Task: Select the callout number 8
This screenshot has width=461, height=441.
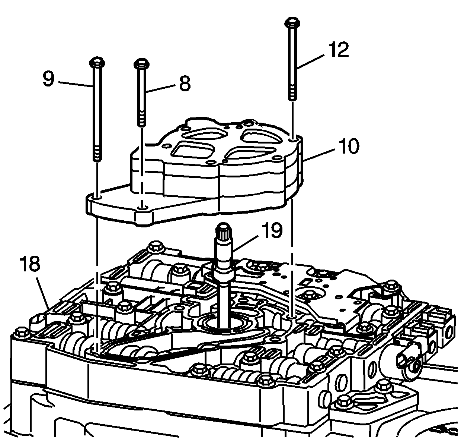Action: [x=184, y=85]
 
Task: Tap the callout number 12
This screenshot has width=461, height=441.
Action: [x=339, y=50]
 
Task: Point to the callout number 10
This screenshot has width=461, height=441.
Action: [x=348, y=146]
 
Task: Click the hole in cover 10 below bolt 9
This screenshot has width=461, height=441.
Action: [x=96, y=196]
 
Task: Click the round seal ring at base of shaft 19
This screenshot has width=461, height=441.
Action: [x=225, y=321]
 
